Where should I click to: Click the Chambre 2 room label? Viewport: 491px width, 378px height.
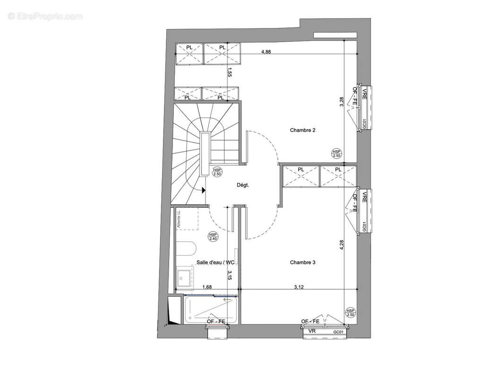[x=302, y=130]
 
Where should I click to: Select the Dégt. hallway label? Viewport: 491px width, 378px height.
[x=242, y=185]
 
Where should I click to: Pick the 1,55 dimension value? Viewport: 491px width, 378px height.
[x=229, y=72]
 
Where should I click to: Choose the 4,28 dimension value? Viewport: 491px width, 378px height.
[x=342, y=246]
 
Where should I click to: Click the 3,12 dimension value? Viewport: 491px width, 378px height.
[x=299, y=286]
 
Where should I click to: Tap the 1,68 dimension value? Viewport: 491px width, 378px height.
[x=207, y=286]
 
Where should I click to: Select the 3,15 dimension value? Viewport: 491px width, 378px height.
[x=230, y=275]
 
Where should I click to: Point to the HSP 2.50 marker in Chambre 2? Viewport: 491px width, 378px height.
[x=336, y=153]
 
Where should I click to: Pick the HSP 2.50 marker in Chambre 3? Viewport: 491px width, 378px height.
[x=350, y=312]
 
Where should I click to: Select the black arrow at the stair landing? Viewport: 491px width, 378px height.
[x=203, y=190]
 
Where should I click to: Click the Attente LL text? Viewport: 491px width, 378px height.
[x=179, y=220]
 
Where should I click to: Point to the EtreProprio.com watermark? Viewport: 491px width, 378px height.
[x=45, y=16]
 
